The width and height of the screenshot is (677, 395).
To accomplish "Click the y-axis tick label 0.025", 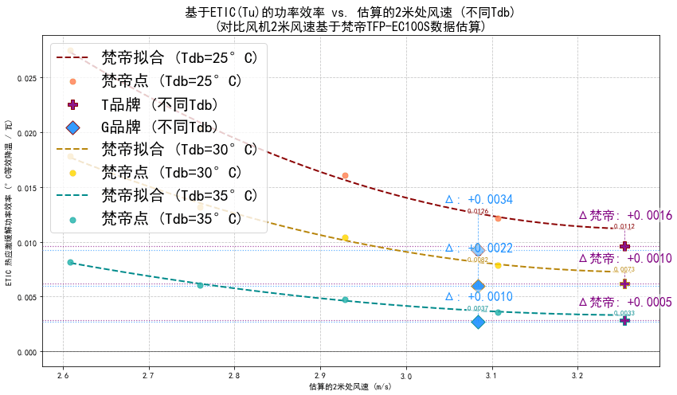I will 24,78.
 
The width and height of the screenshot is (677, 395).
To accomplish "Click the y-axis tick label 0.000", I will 24,352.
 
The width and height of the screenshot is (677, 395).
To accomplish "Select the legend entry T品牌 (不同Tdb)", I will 159,104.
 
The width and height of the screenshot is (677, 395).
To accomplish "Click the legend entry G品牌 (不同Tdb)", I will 159,127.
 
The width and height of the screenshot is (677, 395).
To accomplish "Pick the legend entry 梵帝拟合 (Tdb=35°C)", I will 179,196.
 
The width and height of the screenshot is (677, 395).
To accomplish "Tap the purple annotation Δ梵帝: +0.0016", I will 625,215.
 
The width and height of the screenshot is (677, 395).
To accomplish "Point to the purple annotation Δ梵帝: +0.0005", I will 625,303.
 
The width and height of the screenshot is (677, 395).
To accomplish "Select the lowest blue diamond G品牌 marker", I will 478,322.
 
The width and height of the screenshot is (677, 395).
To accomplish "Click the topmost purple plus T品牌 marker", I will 624,247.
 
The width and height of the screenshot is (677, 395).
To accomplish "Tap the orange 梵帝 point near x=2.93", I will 345,175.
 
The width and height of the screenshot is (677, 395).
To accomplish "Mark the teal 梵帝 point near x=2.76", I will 200,285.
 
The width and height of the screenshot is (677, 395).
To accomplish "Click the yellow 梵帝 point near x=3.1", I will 498,265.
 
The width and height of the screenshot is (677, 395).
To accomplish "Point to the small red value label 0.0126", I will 478,212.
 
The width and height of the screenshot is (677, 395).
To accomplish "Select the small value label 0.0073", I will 624,270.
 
